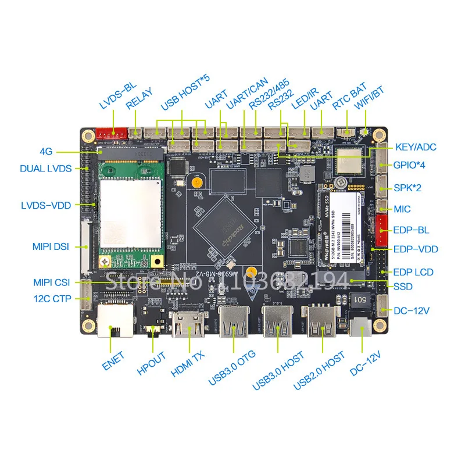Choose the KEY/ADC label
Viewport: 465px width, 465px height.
tap(416, 148)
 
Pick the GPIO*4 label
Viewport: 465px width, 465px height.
tap(410, 165)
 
